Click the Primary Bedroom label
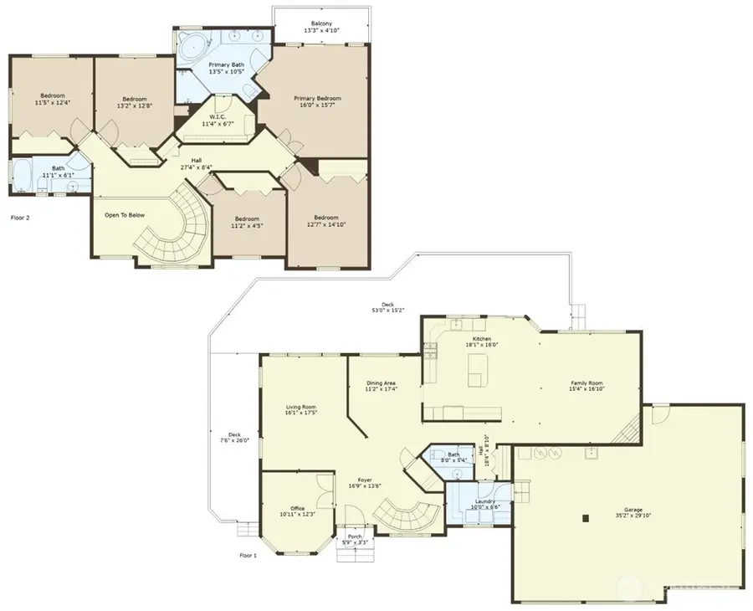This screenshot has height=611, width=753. [x=317, y=98]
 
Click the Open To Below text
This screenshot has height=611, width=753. [x=125, y=215]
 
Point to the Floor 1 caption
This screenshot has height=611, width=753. [x=247, y=555]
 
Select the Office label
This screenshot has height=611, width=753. [x=297, y=508]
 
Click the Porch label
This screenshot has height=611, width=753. [x=355, y=537]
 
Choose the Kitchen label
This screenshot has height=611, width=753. [x=481, y=339]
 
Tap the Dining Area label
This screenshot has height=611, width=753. [x=381, y=383]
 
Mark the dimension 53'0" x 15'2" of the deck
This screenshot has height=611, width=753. [x=387, y=311]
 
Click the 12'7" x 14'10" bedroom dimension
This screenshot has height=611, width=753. [x=326, y=224]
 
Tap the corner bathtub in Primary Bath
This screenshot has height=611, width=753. [x=190, y=46]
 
